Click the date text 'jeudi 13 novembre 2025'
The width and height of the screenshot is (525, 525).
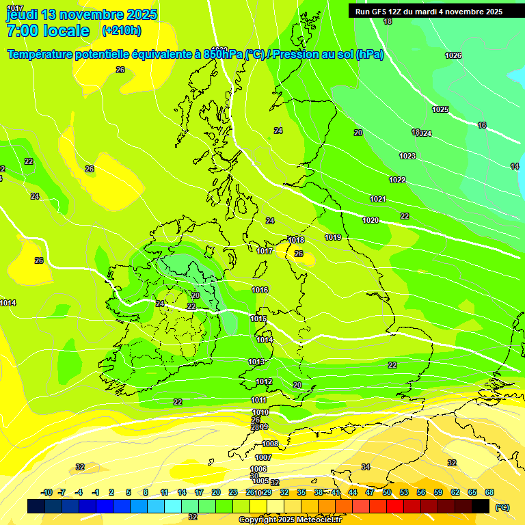pos(81,14)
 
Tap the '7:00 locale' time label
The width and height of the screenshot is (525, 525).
pos(48,31)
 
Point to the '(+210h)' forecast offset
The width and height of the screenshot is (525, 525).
pos(121,31)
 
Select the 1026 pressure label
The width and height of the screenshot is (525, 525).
pos(453,55)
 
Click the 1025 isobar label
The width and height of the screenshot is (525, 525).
pos(440,109)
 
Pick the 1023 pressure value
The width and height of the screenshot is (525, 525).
pos(407,156)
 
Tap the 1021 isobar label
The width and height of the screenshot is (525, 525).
pos(378,199)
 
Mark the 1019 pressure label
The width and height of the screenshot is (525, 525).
pos(333,237)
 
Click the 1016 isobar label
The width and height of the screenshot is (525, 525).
pos(260,290)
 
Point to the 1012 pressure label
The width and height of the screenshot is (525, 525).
pos(265,381)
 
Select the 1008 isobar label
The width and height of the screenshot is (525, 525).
pos(270,444)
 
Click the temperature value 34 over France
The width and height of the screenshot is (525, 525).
pos(366,467)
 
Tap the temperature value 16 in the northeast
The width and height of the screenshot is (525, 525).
pos(482,125)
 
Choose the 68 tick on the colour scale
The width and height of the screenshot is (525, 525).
pos(489,492)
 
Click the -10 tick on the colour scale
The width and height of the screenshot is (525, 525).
pos(46,492)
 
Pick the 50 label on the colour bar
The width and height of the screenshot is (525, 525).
pos(387,492)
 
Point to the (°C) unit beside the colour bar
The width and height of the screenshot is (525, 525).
pos(502,507)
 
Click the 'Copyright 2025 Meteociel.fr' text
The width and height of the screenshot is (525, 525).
pos(289,520)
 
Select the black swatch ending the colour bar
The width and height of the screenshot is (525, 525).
pos(481,506)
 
